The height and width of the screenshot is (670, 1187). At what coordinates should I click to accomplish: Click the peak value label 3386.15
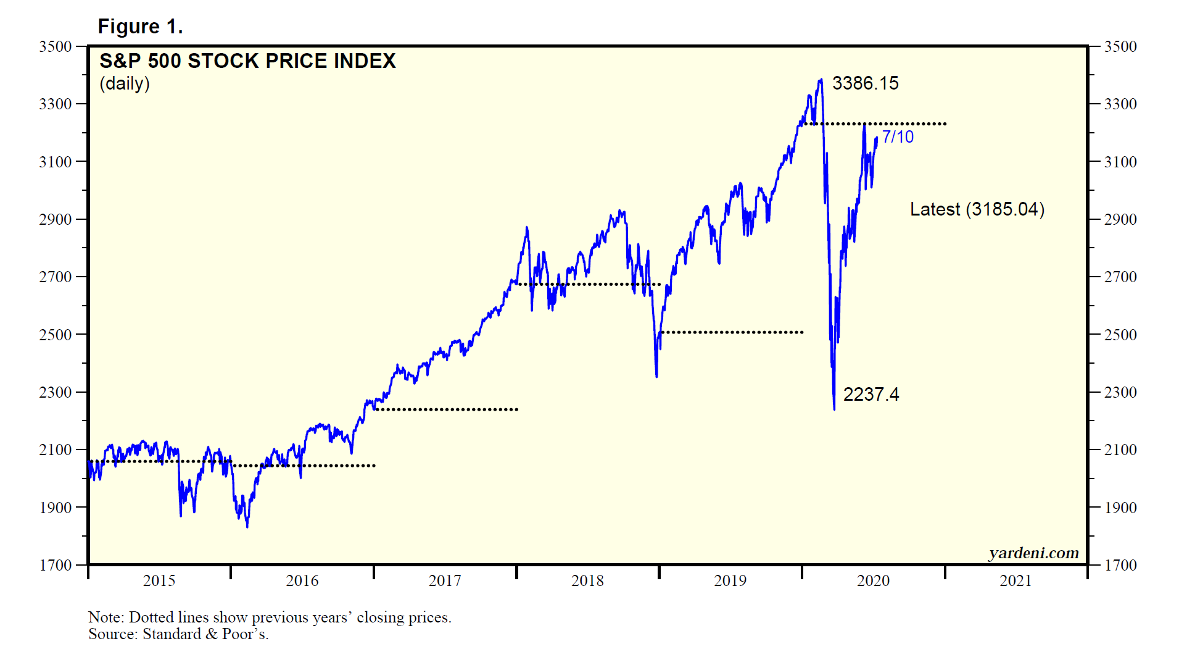(x=865, y=83)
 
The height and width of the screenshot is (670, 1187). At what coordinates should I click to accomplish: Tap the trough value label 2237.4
(x=871, y=394)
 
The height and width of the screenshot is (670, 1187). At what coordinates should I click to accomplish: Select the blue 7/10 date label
(x=898, y=137)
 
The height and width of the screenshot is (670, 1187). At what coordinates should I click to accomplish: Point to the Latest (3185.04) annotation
(x=977, y=209)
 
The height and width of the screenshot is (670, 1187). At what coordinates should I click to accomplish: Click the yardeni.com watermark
(x=1033, y=553)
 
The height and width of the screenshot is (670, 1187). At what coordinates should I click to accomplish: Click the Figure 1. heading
(x=141, y=27)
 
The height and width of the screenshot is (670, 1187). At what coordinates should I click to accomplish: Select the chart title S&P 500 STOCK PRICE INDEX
(x=247, y=61)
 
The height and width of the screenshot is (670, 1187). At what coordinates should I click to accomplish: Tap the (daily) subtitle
(x=125, y=83)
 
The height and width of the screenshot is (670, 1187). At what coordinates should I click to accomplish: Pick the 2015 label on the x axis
(x=159, y=580)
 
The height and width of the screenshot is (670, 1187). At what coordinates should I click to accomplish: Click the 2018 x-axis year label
(x=587, y=580)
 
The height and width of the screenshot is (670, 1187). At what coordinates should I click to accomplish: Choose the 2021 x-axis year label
(x=1015, y=580)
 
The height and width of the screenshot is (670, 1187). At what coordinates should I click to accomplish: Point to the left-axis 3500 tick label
(x=56, y=46)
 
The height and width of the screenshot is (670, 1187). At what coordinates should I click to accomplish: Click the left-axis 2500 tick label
(x=56, y=335)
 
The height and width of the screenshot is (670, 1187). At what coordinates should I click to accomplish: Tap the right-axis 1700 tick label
(x=1120, y=565)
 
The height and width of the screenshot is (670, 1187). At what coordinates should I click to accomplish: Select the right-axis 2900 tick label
(x=1120, y=219)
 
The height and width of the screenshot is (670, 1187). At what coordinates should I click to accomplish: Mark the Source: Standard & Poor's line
(x=178, y=634)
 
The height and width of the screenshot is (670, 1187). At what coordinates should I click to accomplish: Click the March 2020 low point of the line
(x=834, y=408)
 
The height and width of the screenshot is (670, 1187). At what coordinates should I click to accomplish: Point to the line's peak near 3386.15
(x=821, y=80)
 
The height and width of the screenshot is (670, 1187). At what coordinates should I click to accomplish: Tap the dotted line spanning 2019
(x=731, y=332)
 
